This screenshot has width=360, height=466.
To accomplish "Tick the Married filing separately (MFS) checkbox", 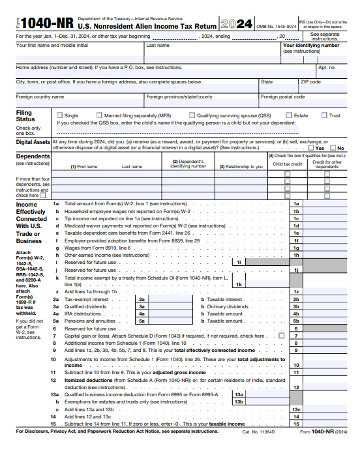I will coord(99,115).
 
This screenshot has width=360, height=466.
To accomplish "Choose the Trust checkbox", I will coord(324,115).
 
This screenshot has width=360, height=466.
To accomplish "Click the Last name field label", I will coord(158,46).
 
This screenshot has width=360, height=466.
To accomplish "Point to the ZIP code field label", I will coord(310,82).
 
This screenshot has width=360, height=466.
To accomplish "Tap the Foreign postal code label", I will coord(282,96).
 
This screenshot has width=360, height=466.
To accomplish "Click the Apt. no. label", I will coord(327,67).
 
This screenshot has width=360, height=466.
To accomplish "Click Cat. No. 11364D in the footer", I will coord(259,431).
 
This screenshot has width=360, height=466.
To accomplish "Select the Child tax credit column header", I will coord(287,164).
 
